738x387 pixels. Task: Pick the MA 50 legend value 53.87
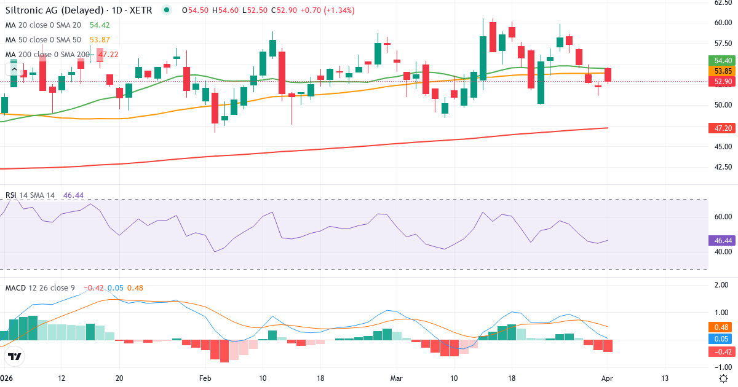[x=100, y=40]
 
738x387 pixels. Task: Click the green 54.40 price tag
[x=723, y=60]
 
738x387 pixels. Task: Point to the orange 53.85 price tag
[x=723, y=71]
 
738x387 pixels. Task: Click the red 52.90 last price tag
[x=723, y=82]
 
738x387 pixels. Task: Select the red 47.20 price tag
[x=723, y=128]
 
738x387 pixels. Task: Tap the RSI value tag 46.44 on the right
[x=723, y=241]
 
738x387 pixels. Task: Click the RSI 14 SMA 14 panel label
[x=30, y=195]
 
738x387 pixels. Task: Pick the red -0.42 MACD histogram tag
[x=723, y=351]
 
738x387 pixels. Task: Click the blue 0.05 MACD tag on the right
[x=723, y=338]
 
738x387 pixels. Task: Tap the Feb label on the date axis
[x=205, y=378]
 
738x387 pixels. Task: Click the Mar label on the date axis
[x=395, y=378]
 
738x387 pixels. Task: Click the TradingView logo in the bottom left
[x=15, y=356]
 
